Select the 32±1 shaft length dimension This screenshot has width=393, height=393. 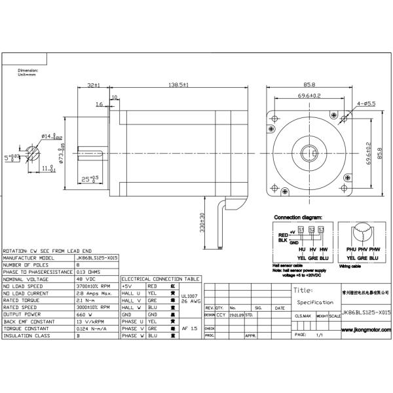pos(92,85)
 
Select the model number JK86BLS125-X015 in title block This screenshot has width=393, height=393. pos(365,313)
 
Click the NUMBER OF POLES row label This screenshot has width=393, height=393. pos(26,265)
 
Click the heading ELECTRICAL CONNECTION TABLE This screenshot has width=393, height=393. pos(160,278)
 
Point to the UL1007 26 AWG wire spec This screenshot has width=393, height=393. pos(189,299)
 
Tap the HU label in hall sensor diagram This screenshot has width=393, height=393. pos(301,250)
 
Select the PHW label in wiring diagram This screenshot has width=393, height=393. pos(373,250)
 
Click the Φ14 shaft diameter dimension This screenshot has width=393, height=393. pos(51,136)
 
